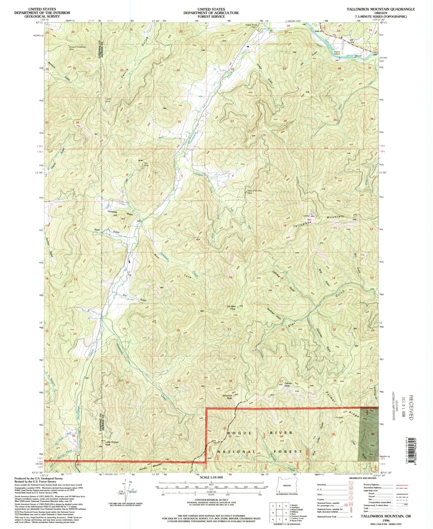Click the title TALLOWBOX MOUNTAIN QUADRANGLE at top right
[x=381, y=9]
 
